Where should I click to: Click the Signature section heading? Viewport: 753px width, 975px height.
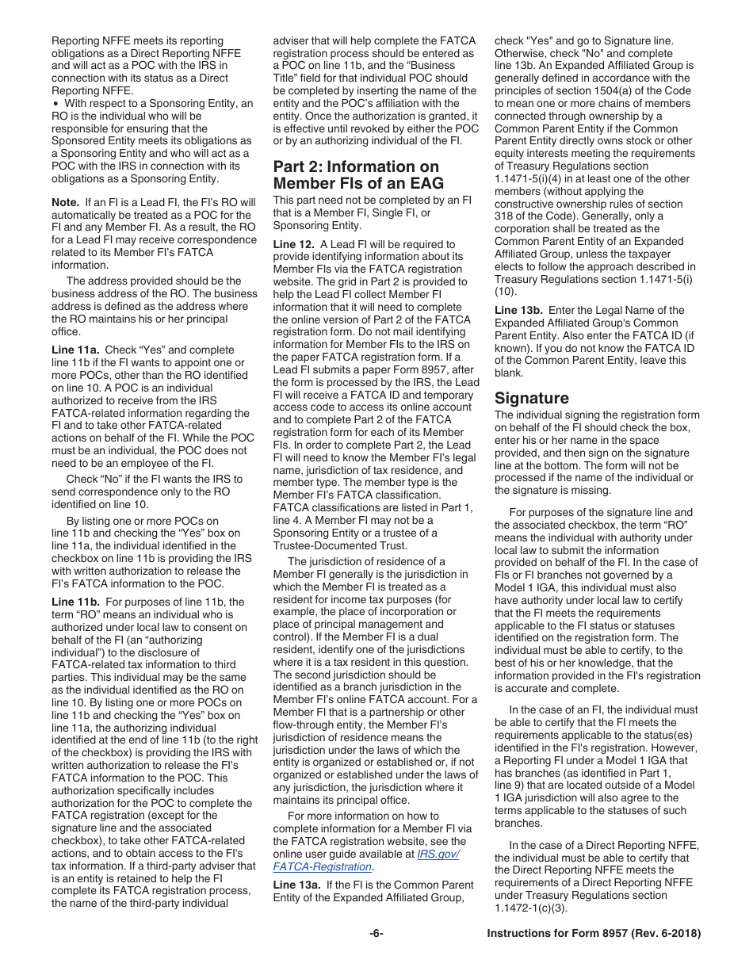tap(531, 398)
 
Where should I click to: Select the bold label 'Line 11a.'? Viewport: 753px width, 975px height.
tap(75, 350)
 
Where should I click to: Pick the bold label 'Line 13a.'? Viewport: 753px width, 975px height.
tap(298, 885)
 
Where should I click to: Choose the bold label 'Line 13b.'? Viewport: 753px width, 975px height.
tap(520, 311)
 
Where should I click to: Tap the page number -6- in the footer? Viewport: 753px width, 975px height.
tap(376, 934)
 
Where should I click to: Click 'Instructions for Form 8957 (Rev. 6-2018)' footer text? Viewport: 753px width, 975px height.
tap(594, 934)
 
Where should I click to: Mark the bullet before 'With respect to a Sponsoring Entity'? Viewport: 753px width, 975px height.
tap(55, 104)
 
